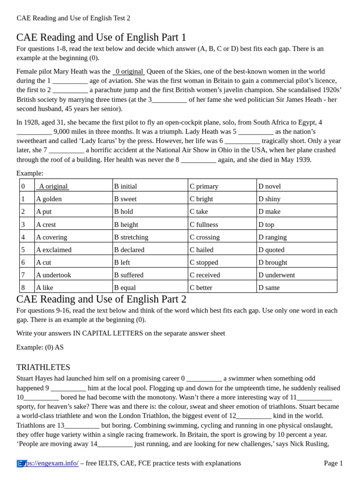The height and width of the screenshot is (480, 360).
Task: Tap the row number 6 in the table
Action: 23,262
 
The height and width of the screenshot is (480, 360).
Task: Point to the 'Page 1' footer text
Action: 333,463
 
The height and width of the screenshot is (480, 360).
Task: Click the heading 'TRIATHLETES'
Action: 43,367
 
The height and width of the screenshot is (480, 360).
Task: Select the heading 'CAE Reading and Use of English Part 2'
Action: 101,300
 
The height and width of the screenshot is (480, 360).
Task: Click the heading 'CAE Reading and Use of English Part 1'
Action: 101,37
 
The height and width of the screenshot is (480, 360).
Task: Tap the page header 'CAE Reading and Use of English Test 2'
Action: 74,18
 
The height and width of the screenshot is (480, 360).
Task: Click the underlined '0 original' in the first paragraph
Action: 129,71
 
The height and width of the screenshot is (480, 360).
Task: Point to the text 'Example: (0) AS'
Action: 40,347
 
